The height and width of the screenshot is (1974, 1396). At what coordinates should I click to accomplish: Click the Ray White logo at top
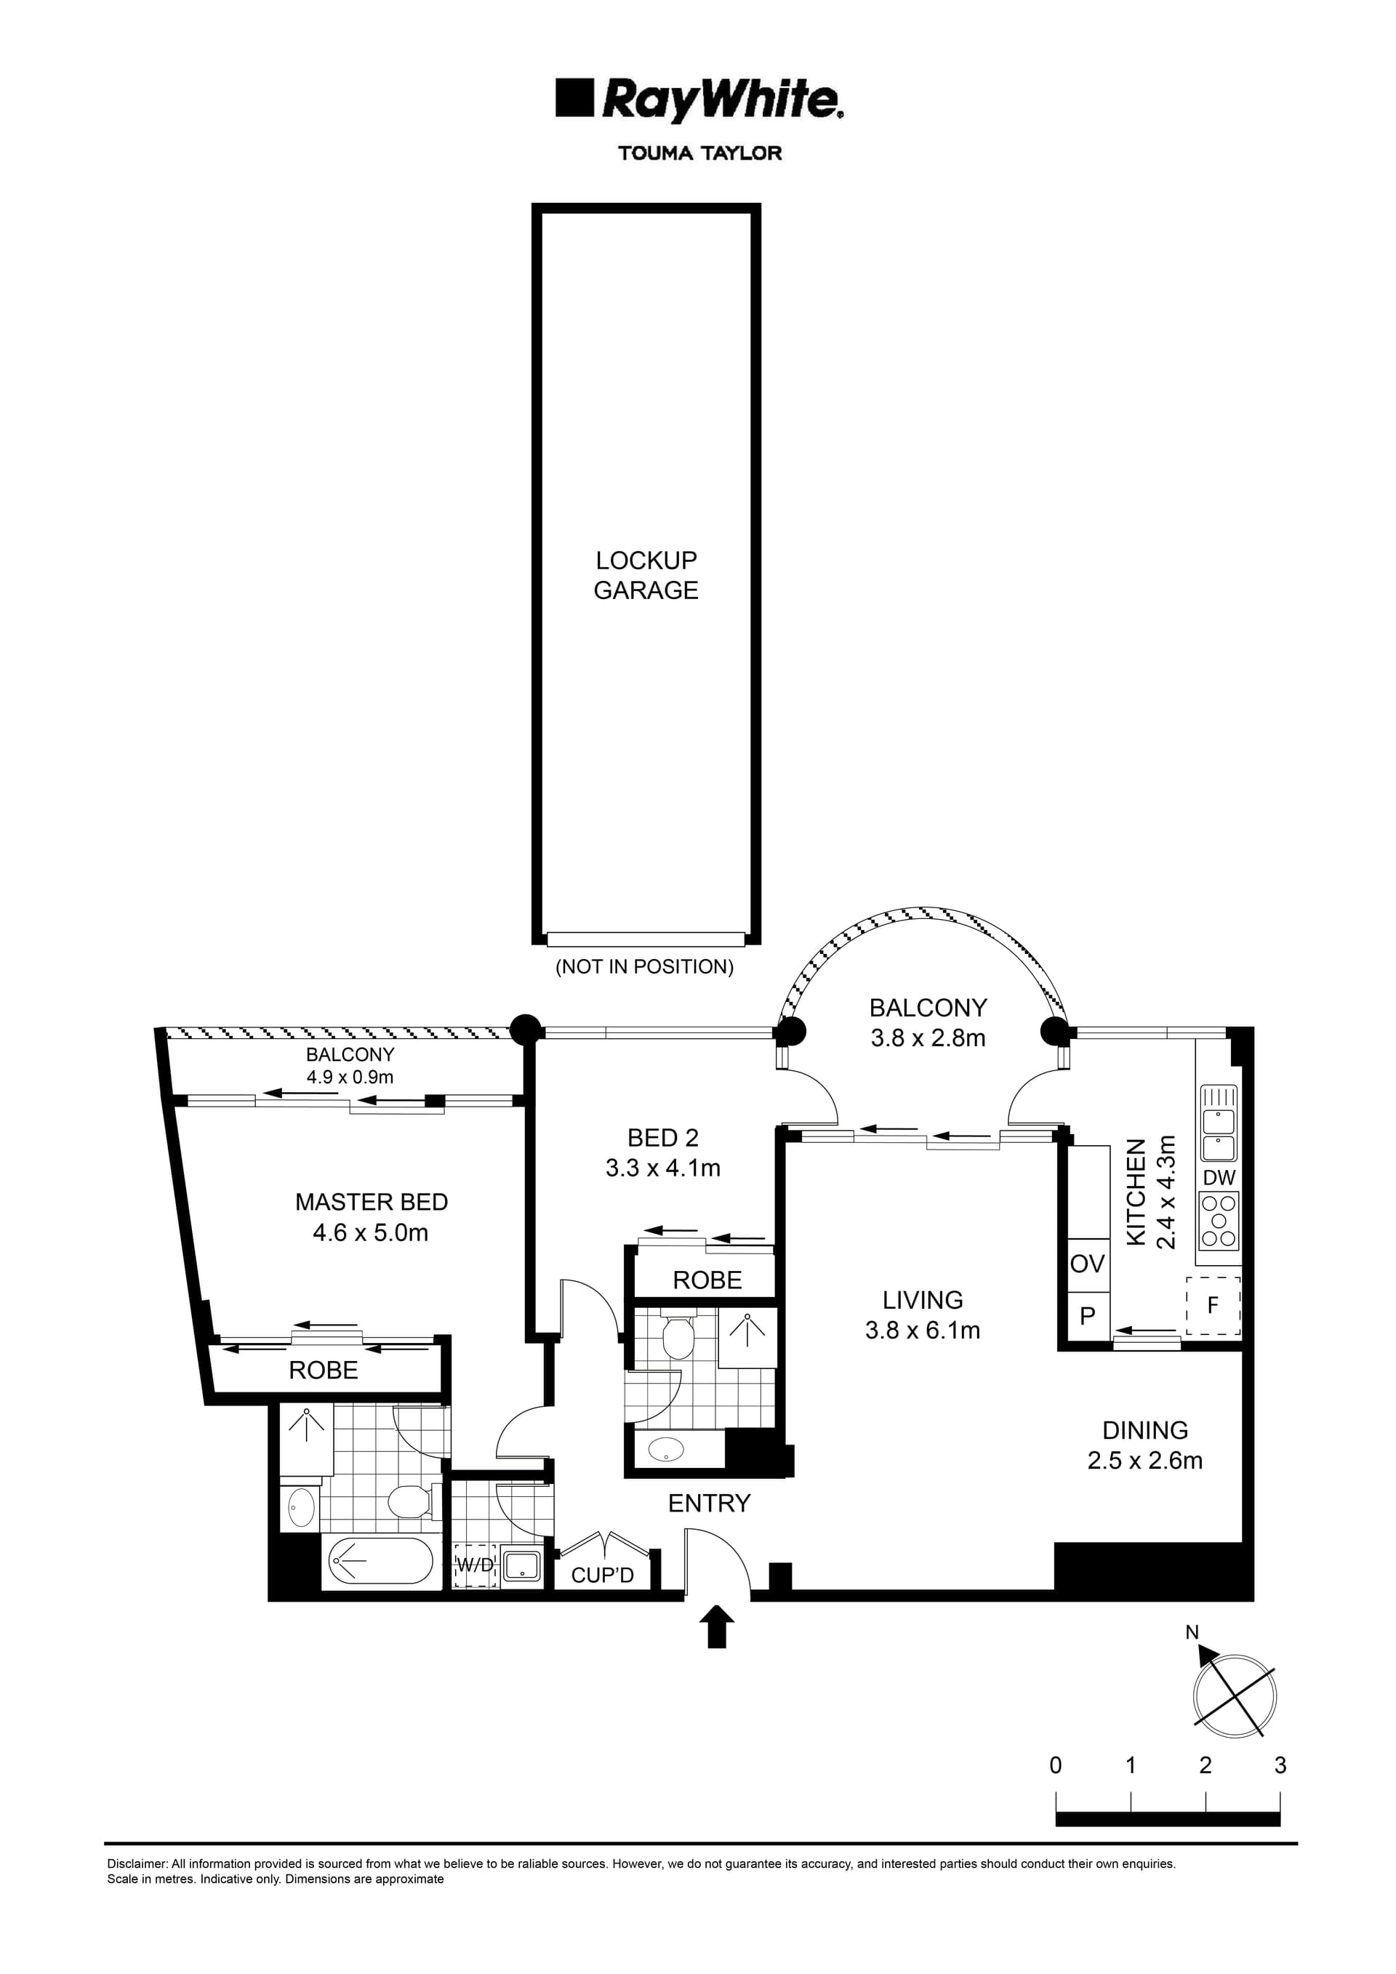[x=699, y=100]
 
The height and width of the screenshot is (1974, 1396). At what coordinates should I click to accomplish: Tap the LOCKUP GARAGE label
[x=646, y=575]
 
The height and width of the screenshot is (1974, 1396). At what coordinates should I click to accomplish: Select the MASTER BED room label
[x=372, y=1202]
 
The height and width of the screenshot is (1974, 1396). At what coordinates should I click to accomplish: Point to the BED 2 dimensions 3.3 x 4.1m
[x=663, y=1168]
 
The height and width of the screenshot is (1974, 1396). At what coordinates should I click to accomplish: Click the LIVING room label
[x=923, y=1300]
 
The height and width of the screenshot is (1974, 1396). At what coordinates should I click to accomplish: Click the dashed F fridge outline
[x=1213, y=1305]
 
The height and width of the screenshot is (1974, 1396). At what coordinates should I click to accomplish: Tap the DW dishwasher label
[x=1219, y=1178]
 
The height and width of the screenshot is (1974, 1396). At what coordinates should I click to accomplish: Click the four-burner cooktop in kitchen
[x=1219, y=1221]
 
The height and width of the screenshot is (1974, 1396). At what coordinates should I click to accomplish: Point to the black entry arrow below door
[x=717, y=1629]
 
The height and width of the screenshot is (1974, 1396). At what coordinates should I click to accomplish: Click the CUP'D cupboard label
[x=603, y=1575]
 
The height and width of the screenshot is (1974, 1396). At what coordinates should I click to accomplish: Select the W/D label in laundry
[x=475, y=1565]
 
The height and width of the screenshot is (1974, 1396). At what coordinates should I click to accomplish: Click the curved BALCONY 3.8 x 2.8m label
[x=928, y=1023]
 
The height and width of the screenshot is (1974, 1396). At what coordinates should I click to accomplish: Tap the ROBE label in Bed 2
[x=707, y=1280]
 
